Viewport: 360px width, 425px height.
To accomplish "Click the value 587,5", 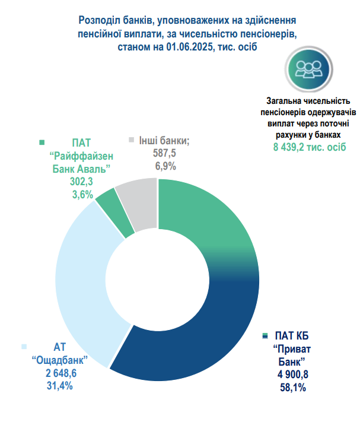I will pos(166,154).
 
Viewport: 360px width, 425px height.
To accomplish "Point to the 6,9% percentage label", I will pos(166,166).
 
